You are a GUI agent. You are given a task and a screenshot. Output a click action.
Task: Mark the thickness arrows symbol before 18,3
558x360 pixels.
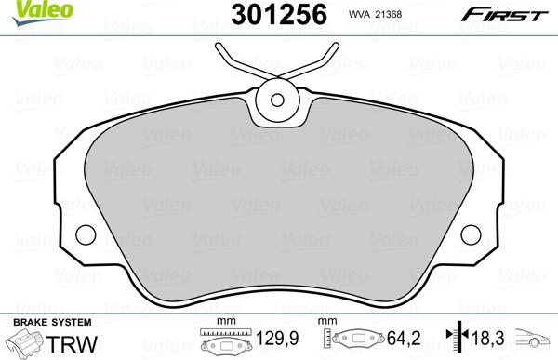pos(455,340)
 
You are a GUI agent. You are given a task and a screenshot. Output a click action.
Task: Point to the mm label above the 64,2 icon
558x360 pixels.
pos(325,321)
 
